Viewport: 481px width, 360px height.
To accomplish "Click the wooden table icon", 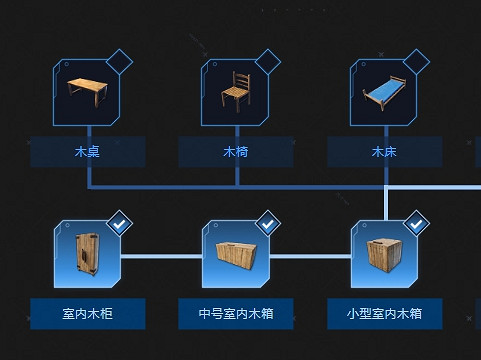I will point(87,93).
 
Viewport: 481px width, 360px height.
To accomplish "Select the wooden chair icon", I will point(236,93).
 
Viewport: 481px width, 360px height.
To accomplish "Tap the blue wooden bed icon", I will point(384,93).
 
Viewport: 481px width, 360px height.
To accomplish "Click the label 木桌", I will point(87,153).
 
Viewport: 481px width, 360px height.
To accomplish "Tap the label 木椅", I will point(236,153).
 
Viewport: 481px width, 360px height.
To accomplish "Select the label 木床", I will point(384,153).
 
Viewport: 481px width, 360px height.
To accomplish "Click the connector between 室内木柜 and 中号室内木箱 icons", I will point(161,256).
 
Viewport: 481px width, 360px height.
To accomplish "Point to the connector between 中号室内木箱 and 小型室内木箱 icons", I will point(310,256).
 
